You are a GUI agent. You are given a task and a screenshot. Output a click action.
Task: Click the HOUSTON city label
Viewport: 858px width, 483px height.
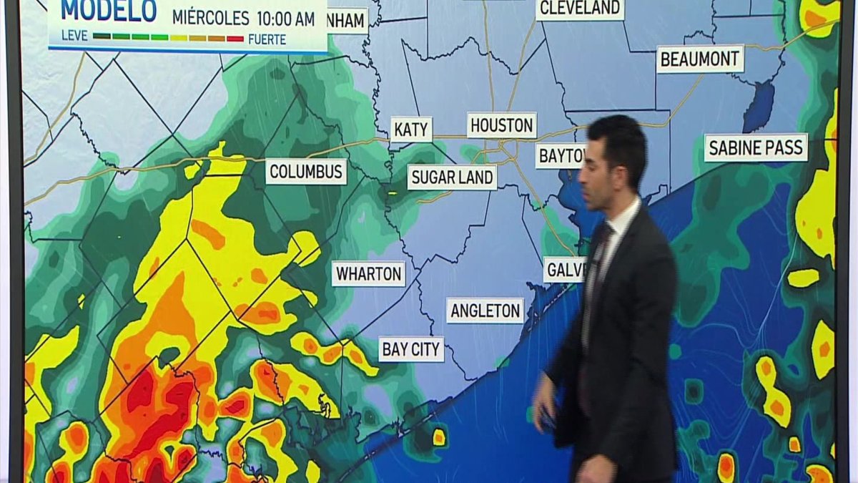[502, 125]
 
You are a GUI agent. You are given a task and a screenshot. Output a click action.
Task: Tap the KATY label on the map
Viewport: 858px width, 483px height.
[412, 130]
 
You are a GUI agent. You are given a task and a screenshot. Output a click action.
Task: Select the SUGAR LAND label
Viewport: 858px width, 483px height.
[452, 177]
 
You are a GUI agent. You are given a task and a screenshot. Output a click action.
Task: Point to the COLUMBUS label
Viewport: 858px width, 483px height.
[306, 172]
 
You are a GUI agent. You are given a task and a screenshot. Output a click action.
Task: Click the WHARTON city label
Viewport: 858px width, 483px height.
[368, 273]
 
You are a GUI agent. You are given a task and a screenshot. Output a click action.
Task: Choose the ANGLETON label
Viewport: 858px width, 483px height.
[485, 311]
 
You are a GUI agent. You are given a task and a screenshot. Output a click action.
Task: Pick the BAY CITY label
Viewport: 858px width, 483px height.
[411, 349]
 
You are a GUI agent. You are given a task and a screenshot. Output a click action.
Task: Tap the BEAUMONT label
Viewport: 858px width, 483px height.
[700, 59]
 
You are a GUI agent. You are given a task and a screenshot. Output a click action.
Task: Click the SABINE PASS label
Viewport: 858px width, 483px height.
[756, 147]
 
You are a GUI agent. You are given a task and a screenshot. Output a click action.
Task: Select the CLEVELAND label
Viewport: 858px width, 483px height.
[580, 9]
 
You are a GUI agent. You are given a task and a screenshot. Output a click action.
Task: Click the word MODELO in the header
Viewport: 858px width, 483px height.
[109, 11]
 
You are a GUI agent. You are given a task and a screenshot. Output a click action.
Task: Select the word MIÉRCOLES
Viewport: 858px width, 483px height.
[210, 18]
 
